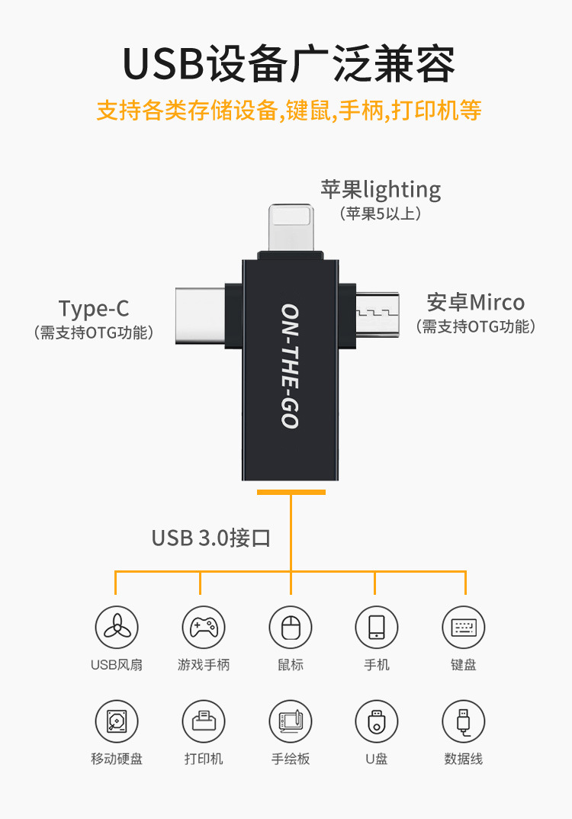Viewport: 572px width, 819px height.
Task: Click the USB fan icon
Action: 117,628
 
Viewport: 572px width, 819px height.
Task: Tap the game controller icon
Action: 204,628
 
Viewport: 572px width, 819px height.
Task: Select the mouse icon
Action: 291,628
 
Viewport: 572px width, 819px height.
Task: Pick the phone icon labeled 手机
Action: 377,628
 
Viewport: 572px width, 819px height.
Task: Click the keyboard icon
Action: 464,628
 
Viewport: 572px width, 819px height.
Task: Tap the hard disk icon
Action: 117,721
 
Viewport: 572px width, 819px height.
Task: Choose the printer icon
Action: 204,721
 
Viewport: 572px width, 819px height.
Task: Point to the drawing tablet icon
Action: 291,721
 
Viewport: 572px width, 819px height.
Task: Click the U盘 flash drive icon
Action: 377,721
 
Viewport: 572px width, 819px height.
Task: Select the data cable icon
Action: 464,721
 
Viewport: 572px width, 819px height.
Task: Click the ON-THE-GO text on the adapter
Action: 290,366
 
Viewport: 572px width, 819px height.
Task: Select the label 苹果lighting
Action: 381,189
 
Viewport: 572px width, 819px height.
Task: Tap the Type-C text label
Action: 94,309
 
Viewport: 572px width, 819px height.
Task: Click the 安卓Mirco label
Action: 476,303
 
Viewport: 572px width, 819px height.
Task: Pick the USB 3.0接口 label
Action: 211,538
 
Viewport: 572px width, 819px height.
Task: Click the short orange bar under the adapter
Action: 291,493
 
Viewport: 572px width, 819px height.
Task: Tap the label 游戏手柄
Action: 204,665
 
